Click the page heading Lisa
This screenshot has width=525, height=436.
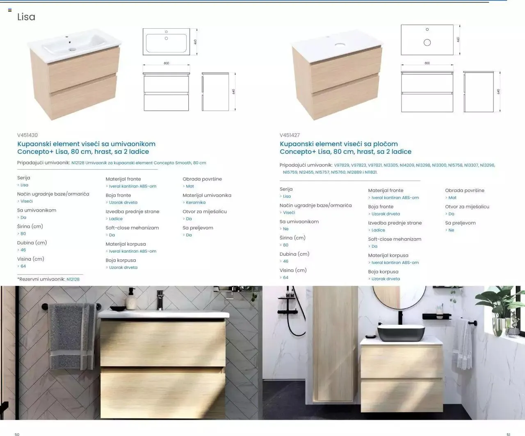(x=26, y=17)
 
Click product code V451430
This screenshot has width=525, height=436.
(x=27, y=135)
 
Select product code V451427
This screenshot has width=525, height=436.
(x=290, y=135)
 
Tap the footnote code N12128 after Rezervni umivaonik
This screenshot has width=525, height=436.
(x=73, y=279)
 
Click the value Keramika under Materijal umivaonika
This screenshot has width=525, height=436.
(x=196, y=202)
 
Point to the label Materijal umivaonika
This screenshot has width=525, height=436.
(x=207, y=195)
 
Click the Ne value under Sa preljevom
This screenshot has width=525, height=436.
(x=451, y=230)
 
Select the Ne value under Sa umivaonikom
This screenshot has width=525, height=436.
(x=285, y=229)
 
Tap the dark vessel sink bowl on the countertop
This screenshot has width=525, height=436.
(x=401, y=333)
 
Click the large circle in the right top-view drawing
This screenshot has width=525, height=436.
(x=427, y=43)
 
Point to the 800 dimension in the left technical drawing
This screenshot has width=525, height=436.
(x=167, y=63)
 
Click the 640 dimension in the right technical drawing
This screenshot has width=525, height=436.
(x=498, y=91)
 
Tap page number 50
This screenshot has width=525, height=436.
(x=17, y=434)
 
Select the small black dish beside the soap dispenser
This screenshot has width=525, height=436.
(x=118, y=308)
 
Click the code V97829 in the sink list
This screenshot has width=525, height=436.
(x=341, y=165)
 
